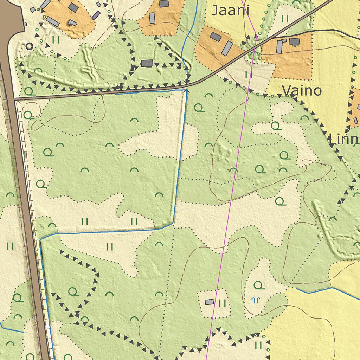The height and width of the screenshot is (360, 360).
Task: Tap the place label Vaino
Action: (x=302, y=91)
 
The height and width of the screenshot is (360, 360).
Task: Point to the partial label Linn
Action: (x=344, y=140)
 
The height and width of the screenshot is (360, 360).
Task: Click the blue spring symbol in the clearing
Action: (x=256, y=300)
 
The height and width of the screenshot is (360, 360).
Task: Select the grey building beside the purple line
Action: (x=209, y=302)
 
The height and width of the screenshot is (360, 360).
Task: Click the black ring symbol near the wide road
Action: (x=29, y=46)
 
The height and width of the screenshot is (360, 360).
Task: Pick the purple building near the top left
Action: (x=96, y=15)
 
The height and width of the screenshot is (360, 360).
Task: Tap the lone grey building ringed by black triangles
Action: (x=147, y=63)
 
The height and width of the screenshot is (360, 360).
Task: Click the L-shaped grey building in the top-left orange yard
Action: (x=72, y=23)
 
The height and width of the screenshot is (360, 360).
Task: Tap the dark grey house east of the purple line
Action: (x=294, y=42)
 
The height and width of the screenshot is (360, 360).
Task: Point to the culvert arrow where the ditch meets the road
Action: (x=186, y=91)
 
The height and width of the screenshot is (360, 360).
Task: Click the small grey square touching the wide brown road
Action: (x=25, y=24)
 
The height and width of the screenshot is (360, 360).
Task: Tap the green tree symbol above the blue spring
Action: (x=259, y=285)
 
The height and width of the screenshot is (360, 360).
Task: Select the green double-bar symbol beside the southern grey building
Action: (x=222, y=303)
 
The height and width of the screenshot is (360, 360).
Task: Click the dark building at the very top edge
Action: (x=163, y=4)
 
